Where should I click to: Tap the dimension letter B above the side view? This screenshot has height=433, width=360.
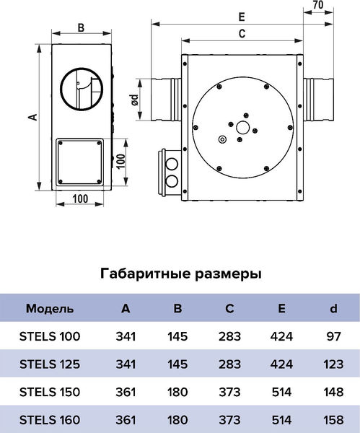click(81, 28)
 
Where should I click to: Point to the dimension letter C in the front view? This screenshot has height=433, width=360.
click(242, 33)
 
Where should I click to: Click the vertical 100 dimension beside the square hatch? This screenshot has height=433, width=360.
click(122, 159)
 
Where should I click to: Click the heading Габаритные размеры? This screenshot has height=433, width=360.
click(180, 274)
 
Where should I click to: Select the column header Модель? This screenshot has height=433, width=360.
click(49, 309)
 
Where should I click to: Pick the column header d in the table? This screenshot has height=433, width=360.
click(333, 309)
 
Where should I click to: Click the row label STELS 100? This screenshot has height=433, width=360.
click(48, 336)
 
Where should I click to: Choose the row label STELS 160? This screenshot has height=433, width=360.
click(48, 419)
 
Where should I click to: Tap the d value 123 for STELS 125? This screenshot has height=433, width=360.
click(333, 364)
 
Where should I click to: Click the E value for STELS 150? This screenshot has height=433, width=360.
click(281, 392)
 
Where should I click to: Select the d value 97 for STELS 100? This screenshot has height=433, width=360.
click(333, 336)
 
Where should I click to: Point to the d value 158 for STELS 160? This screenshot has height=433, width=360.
click(333, 419)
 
